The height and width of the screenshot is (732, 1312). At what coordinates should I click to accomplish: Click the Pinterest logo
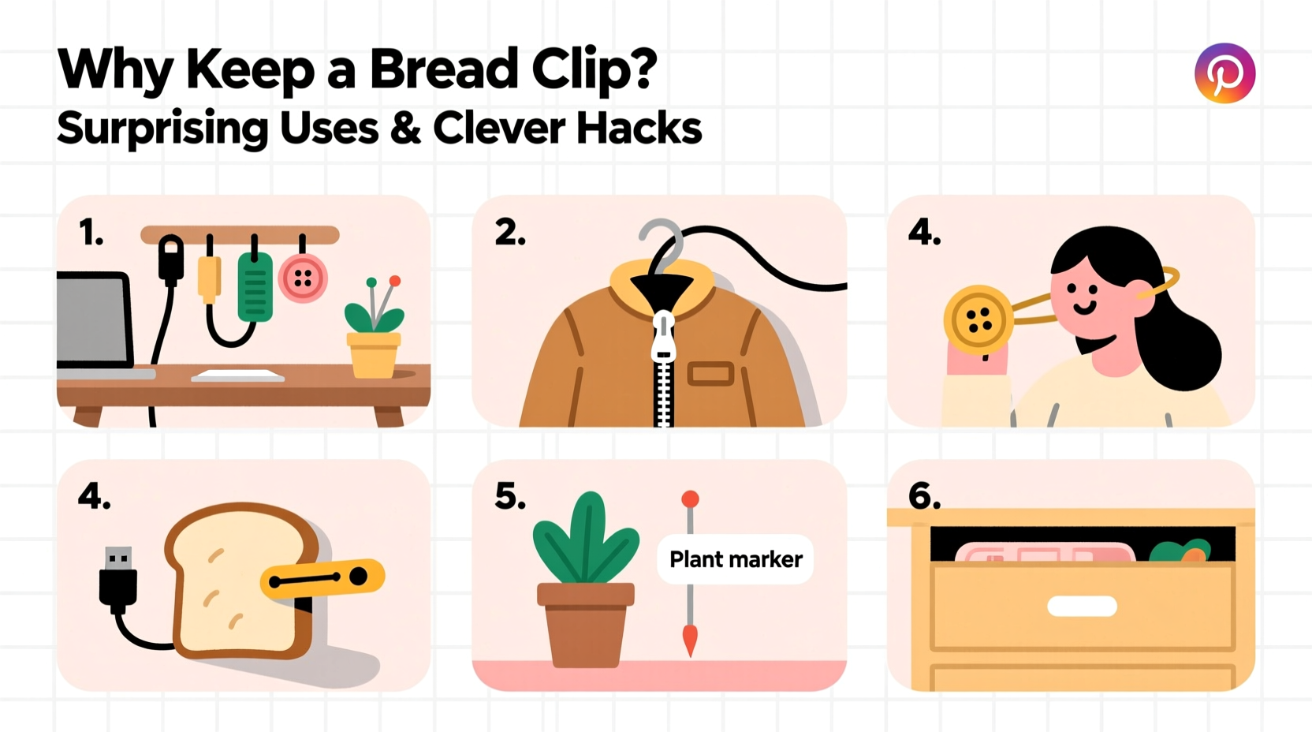pyautogui.click(x=1224, y=73)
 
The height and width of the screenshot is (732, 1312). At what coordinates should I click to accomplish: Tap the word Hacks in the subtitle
pyautogui.click(x=639, y=128)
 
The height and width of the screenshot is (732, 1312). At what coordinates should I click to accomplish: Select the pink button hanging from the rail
pyautogui.click(x=303, y=278)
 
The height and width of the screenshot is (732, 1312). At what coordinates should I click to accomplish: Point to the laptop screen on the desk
pyautogui.click(x=93, y=320)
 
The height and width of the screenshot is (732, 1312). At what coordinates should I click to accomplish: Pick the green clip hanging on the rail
pyautogui.click(x=255, y=287)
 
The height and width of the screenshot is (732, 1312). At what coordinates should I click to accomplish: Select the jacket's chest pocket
pyautogui.click(x=710, y=373)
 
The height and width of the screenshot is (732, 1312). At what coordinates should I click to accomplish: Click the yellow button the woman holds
pyautogui.click(x=978, y=319)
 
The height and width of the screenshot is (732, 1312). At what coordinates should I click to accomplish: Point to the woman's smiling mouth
pyautogui.click(x=1084, y=308)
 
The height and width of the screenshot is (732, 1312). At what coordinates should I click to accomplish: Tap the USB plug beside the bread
pyautogui.click(x=118, y=579)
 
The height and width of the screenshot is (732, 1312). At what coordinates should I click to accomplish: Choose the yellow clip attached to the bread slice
pyautogui.click(x=323, y=580)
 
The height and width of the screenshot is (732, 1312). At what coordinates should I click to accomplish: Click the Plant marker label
pyautogui.click(x=736, y=559)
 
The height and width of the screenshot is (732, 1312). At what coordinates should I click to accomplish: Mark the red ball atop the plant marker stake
pyautogui.click(x=690, y=499)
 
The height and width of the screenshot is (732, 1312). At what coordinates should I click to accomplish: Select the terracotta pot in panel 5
pyautogui.click(x=585, y=624)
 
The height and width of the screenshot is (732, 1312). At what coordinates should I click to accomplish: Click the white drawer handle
pyautogui.click(x=1082, y=606)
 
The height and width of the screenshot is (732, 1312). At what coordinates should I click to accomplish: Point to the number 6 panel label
pyautogui.click(x=924, y=496)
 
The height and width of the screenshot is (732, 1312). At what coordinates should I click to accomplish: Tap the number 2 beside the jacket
pyautogui.click(x=509, y=233)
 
